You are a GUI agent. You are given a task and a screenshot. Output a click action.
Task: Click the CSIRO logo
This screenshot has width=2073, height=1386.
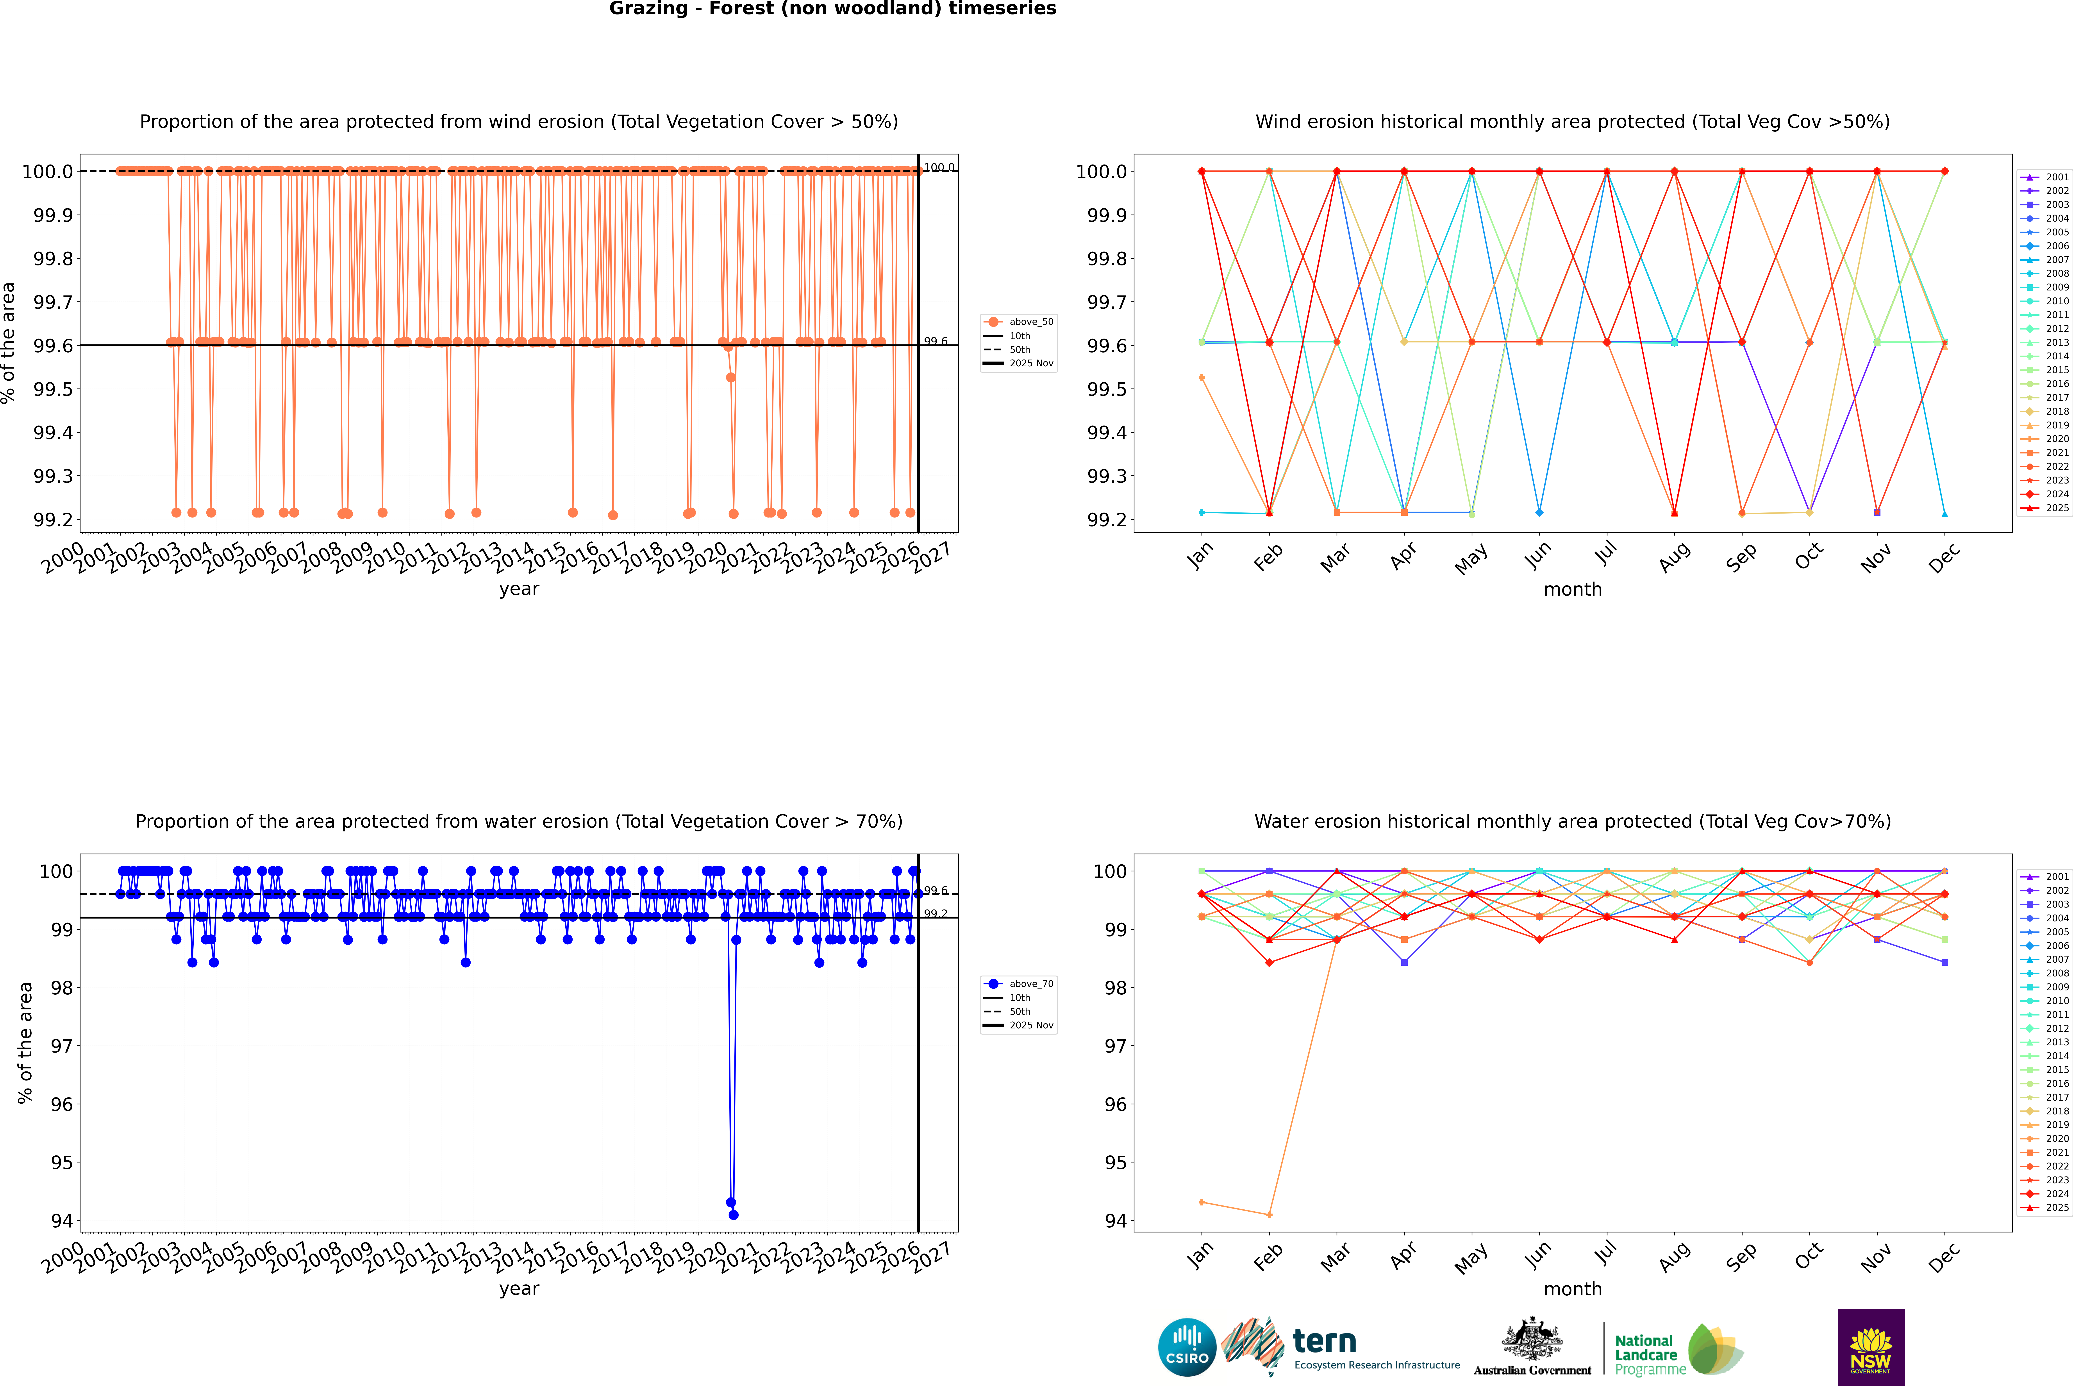(x=1187, y=1347)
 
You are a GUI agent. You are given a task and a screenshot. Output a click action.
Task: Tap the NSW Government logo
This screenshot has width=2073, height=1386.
(x=1871, y=1347)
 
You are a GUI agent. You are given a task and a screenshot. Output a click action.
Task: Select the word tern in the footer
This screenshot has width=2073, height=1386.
(x=1324, y=1341)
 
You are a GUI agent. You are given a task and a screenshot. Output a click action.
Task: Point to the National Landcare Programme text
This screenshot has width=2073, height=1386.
(x=1645, y=1354)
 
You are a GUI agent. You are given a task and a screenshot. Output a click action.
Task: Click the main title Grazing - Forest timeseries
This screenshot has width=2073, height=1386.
(x=832, y=9)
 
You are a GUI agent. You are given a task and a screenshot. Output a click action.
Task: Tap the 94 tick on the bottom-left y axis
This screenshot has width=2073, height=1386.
(x=62, y=1221)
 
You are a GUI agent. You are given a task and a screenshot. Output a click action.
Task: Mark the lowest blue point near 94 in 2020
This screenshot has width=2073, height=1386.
(x=733, y=1214)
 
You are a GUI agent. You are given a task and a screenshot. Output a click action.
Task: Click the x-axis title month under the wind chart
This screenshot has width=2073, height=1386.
(x=1572, y=590)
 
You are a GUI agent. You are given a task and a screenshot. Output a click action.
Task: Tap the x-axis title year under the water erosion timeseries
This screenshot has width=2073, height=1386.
(x=519, y=1289)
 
